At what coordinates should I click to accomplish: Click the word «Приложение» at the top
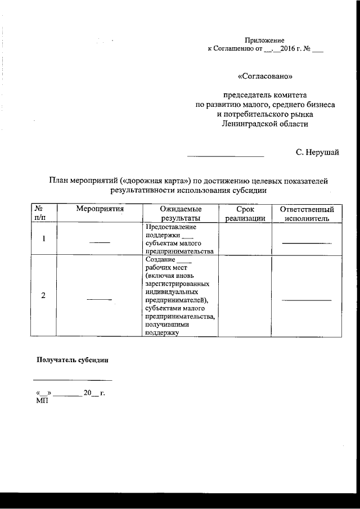[x=264, y=40]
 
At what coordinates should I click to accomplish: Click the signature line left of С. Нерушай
[x=225, y=156]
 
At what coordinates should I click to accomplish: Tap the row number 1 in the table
[x=43, y=238]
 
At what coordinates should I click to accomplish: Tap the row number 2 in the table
[x=43, y=296]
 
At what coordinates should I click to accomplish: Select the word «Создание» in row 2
[x=160, y=260]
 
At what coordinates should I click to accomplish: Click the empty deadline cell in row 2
[x=245, y=296]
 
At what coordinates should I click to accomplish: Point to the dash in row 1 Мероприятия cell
[x=100, y=242]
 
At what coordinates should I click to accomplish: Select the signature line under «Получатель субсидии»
[x=72, y=380]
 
